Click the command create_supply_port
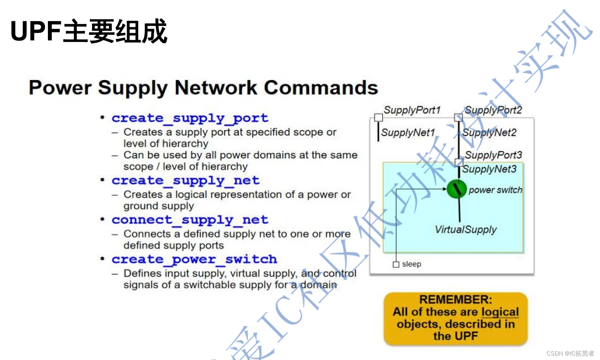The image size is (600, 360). click(x=190, y=118)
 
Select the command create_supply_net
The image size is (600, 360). click(x=185, y=181)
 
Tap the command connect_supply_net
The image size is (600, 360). click(x=190, y=220)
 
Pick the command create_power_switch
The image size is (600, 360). click(x=194, y=259)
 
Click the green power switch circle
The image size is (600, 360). click(x=456, y=189)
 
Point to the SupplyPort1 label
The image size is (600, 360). click(x=412, y=110)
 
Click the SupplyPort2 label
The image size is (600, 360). click(x=493, y=110)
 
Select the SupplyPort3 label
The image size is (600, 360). click(x=493, y=155)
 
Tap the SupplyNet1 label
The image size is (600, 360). click(x=408, y=133)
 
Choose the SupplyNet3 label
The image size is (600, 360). click(x=489, y=169)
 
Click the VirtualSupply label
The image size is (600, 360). click(x=466, y=230)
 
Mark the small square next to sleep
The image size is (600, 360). click(x=396, y=265)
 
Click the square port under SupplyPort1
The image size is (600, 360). click(x=378, y=118)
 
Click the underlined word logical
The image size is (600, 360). click(x=500, y=312)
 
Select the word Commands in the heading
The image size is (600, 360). click(x=321, y=88)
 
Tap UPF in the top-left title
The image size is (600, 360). click(x=36, y=31)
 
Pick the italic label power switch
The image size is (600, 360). click(x=495, y=190)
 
